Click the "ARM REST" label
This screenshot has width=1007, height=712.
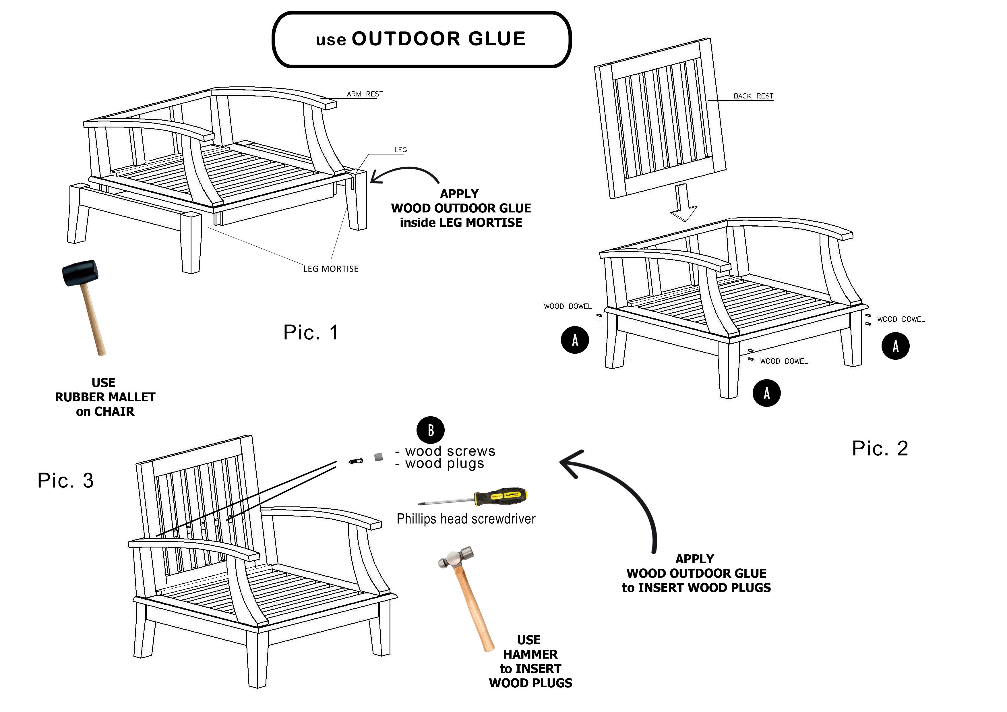(x=365, y=94)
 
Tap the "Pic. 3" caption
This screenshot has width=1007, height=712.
(x=66, y=480)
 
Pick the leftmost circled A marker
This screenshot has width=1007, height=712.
(x=575, y=340)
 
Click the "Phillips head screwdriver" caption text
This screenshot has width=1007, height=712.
(x=466, y=519)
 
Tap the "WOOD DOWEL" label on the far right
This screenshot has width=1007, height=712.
(x=901, y=319)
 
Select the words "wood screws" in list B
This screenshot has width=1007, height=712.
(x=450, y=451)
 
